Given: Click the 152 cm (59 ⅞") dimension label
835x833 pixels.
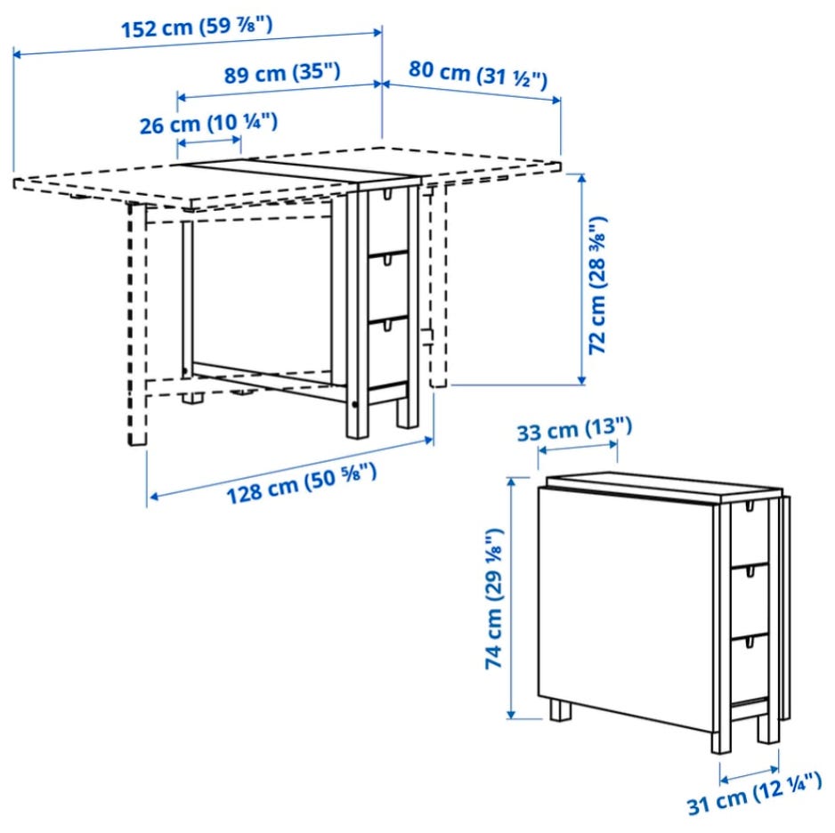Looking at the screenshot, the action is [197, 28].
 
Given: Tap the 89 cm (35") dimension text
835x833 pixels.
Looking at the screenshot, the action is [281, 73].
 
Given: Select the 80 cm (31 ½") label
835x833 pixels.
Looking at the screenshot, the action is [478, 75].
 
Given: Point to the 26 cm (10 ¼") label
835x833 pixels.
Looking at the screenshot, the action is [208, 124].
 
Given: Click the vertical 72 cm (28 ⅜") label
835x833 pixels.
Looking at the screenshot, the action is [597, 285].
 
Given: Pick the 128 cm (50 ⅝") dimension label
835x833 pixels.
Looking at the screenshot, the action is [302, 483].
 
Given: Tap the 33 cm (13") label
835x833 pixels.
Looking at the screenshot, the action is [574, 430].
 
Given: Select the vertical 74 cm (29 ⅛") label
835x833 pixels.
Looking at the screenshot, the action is [494, 598].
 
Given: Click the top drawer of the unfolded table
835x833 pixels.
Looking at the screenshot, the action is [388, 219].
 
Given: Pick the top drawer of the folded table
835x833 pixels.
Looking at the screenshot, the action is [750, 533].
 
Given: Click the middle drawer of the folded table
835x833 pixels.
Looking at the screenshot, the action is [750, 600].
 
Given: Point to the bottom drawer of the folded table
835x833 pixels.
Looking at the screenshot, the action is [750, 668].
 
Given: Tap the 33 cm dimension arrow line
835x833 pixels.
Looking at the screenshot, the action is [578, 447].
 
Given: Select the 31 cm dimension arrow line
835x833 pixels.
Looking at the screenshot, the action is [750, 773].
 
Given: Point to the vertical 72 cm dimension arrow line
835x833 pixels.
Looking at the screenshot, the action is [581, 279].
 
